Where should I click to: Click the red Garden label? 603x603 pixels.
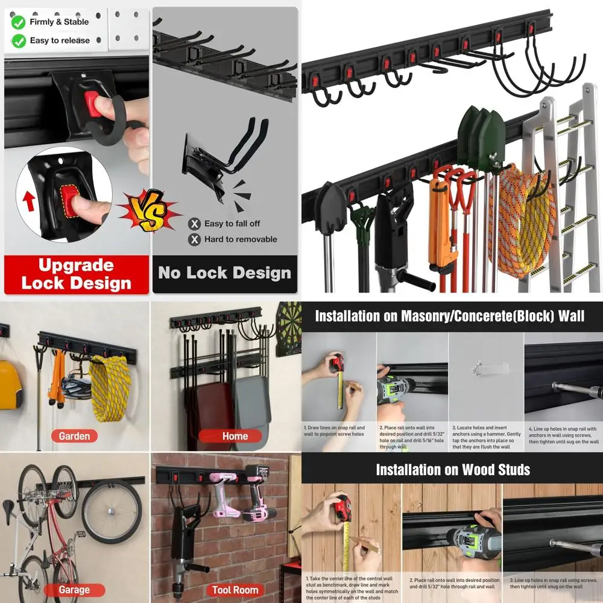click(74, 436)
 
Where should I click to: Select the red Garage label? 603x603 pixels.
click(74, 590)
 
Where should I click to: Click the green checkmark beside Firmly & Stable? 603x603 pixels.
click(19, 22)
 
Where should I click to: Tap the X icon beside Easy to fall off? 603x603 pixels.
click(194, 224)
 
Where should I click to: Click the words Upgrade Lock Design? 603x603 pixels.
click(76, 274)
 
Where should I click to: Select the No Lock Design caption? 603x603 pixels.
click(224, 273)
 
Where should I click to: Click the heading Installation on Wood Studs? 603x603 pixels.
click(452, 470)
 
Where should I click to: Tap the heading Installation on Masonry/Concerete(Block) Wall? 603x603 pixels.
click(449, 316)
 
